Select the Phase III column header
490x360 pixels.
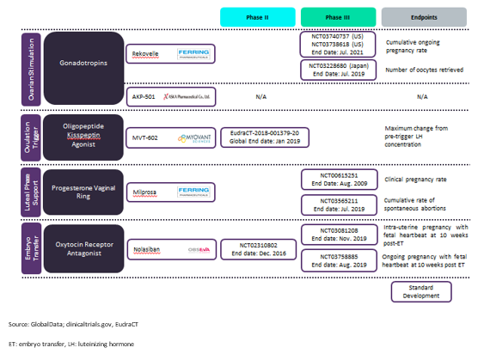pos(337,16)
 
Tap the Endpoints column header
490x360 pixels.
pos(424,16)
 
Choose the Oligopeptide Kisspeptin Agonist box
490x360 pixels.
pos(83,135)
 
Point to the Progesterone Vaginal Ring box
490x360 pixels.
pos(83,191)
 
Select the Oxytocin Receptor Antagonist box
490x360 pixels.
pos(83,247)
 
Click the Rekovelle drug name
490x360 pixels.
pos(146,54)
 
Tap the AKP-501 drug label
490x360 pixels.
pos(143,97)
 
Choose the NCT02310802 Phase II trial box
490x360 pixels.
pos(260,248)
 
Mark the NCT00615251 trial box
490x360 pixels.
pos(337,179)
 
